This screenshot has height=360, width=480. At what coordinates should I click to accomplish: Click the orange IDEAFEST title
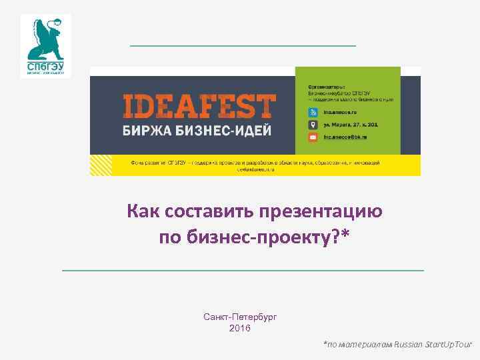tap(199, 107)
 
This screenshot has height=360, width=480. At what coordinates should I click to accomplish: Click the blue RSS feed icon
tap(313, 113)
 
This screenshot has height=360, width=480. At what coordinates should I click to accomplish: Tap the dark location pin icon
tap(313, 125)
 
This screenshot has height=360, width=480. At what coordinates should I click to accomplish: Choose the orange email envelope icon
tap(313, 137)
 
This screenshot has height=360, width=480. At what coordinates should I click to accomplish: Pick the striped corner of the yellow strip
tap(101, 165)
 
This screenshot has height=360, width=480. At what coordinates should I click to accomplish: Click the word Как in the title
tap(140, 212)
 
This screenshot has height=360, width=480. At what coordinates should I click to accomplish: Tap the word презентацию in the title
tap(322, 212)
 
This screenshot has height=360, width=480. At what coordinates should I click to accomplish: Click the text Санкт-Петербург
tap(240, 317)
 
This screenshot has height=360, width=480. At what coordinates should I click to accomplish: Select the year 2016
tap(240, 328)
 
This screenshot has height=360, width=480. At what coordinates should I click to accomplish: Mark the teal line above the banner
tap(243, 45)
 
